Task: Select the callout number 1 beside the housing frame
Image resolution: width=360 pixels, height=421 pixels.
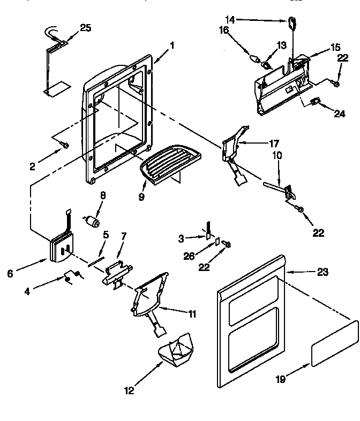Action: pos(171,46)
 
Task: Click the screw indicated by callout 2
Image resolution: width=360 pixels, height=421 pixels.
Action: pos(64,145)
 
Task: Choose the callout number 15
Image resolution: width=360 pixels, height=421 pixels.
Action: pos(335,48)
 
